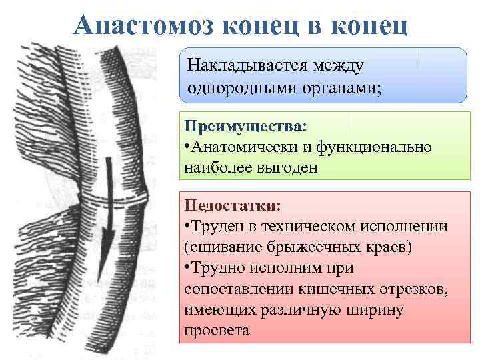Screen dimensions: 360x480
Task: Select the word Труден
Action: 218,226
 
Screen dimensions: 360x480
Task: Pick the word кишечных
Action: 347,290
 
